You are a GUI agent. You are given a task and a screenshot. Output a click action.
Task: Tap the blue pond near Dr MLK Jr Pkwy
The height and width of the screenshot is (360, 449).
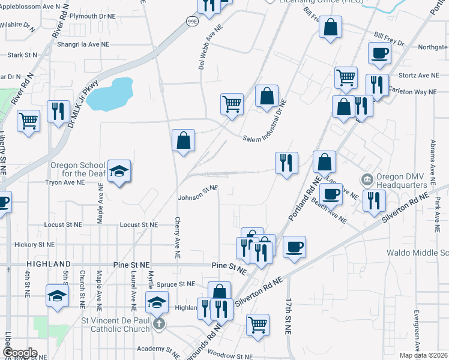(109, 94)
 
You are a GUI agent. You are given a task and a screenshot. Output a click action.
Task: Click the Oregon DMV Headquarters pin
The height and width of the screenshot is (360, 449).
(366, 179)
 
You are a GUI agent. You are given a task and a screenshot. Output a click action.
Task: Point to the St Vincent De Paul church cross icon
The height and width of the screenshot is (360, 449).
(159, 324)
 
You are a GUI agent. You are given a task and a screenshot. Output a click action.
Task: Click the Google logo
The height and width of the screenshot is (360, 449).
(20, 353)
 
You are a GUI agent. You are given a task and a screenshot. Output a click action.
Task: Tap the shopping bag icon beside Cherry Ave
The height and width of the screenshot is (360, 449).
(184, 140)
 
